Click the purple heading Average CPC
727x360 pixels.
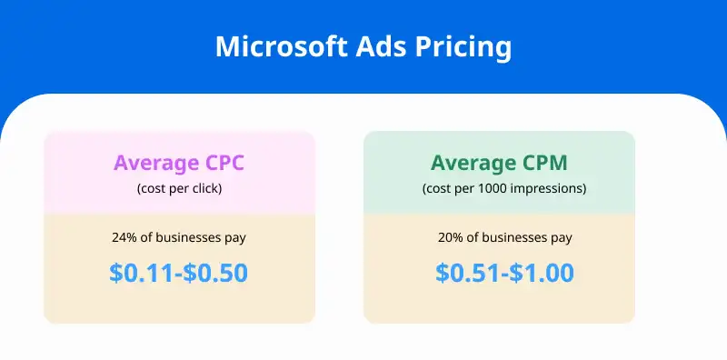179,164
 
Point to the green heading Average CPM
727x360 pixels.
499,164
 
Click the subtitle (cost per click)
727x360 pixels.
179,189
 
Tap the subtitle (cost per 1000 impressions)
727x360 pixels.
499,189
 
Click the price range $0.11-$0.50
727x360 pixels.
179,273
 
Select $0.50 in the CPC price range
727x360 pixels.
217,273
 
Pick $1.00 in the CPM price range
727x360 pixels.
542,273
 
